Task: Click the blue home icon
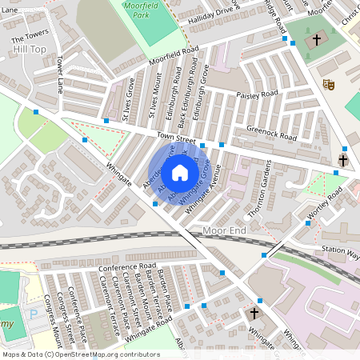click(x=180, y=172)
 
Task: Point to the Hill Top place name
click(x=30, y=50)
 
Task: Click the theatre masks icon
click(x=328, y=83)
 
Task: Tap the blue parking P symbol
click(x=33, y=314)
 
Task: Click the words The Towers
click(x=28, y=38)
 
